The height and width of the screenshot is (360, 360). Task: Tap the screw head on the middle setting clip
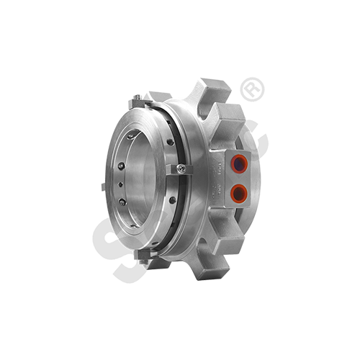point(181,168)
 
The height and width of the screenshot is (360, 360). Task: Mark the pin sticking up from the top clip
point(136,94)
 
